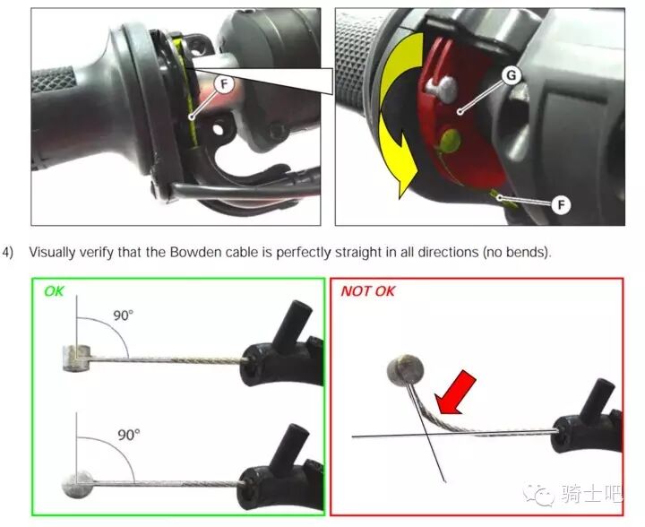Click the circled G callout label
point(511,75)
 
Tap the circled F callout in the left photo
point(224,85)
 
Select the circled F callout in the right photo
point(561,204)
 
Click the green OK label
point(54,291)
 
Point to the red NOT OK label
point(368,291)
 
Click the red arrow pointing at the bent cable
point(456,392)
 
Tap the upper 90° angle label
point(123,315)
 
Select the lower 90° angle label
point(128,435)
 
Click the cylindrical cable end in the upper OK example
point(77,358)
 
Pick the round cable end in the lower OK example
point(77,485)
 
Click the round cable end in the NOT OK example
point(405,370)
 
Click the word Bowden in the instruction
point(193,252)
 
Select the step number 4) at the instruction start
point(8,252)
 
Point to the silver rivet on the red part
point(443,90)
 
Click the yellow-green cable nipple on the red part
point(451,141)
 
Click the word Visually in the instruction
point(52,252)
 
